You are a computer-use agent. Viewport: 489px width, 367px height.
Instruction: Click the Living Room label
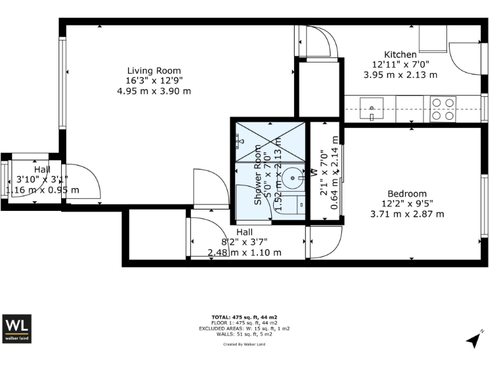coord(153,71)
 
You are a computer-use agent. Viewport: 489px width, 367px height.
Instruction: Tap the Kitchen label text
coord(400,54)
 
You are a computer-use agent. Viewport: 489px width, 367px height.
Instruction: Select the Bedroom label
coord(407,194)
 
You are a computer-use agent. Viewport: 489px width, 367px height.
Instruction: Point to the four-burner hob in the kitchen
coord(443,108)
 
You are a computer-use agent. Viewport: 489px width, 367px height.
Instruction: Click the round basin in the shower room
coord(294,175)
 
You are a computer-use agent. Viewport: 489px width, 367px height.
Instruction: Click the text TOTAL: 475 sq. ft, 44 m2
coord(244,317)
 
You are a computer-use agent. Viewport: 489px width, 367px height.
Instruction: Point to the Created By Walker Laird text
coord(244,344)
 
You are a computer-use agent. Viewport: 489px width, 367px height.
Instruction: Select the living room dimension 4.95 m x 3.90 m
coord(153,91)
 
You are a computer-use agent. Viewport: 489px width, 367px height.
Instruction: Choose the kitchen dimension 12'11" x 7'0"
coord(400,64)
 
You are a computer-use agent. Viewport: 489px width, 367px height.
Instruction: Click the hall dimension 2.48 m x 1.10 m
coord(244,252)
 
